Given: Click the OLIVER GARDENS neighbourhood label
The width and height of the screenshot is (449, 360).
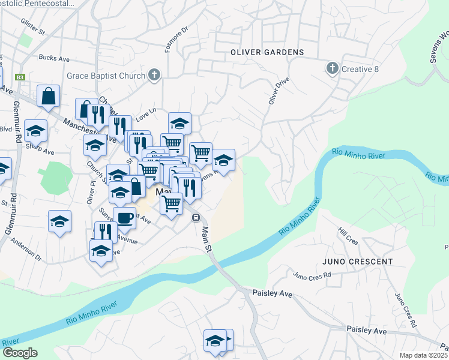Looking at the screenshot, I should click(267, 52).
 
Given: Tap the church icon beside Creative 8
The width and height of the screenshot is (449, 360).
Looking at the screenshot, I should click(332, 69).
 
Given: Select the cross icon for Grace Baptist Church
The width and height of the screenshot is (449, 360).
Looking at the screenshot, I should click(154, 76).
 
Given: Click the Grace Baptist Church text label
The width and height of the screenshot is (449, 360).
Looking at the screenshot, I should click(106, 76).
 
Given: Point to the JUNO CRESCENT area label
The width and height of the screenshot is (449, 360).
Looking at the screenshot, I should click(357, 262).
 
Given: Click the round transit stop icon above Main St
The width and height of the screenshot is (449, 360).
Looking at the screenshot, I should click(196, 217).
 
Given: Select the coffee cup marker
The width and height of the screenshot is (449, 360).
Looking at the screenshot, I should click(124, 218).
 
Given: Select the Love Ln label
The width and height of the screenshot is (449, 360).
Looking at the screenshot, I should click(146, 112).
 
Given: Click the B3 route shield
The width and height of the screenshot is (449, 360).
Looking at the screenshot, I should click(20, 77).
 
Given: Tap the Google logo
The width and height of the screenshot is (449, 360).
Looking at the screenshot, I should click(19, 353).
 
